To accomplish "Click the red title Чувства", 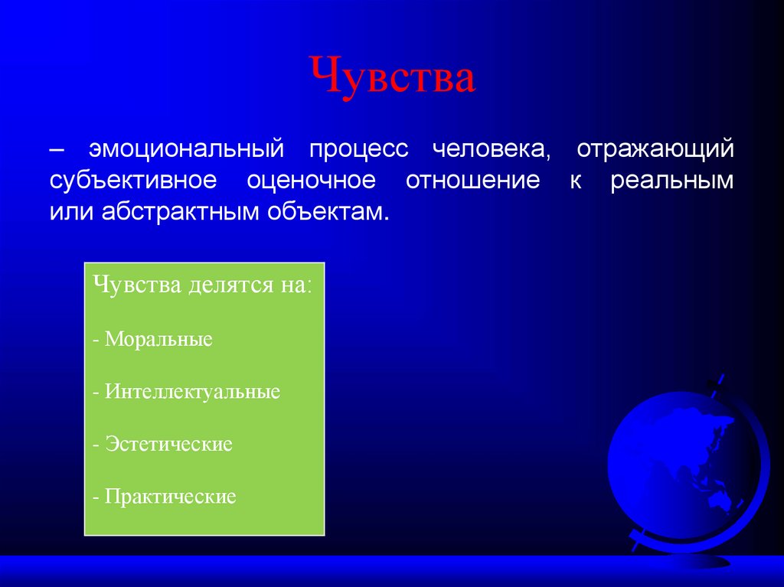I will coord(392,77).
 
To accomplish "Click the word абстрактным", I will coord(179,212).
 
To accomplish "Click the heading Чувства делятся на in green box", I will coord(203,286).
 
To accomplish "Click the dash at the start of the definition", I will coord(58,148).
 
